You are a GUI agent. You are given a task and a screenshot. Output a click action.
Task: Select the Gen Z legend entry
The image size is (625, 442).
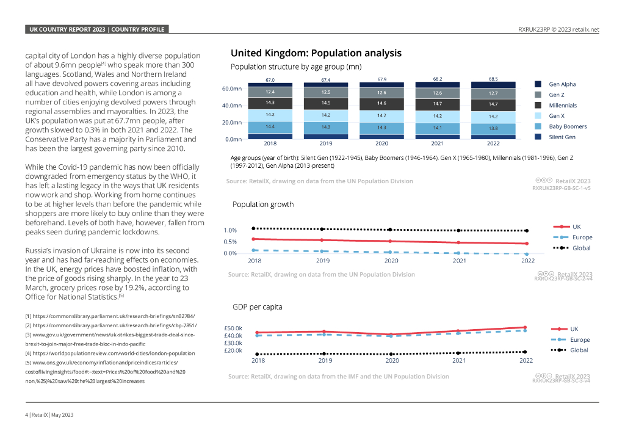556,95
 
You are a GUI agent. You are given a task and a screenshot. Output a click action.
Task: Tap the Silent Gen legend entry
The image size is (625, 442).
562,137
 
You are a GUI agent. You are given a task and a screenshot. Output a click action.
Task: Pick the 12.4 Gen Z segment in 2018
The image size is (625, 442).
270,92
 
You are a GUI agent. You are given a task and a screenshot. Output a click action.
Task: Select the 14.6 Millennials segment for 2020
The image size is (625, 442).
381,103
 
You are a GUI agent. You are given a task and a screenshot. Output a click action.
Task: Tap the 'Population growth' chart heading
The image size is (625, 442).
263,205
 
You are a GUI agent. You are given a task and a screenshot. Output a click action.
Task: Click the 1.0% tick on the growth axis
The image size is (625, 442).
230,231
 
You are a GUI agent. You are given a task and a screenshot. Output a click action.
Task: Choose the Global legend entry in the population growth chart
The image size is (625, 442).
580,248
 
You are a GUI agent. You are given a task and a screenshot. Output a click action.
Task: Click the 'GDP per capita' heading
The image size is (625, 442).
257,306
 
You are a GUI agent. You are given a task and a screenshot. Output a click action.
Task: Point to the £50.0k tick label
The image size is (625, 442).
233,328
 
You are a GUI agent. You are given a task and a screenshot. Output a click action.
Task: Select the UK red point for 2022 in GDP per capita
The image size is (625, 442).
526,327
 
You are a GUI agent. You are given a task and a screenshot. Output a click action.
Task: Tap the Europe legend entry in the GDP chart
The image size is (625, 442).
580,339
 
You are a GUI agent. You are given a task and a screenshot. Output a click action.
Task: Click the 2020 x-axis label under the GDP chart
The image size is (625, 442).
391,361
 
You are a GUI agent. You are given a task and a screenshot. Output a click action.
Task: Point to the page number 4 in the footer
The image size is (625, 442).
26,415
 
